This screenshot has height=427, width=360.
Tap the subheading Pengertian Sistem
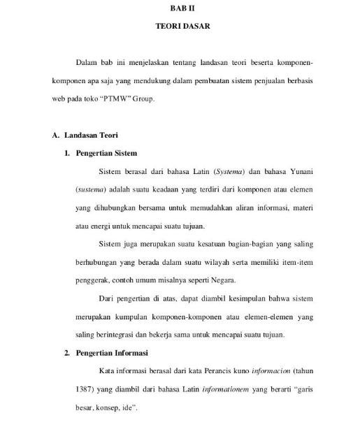[106, 152]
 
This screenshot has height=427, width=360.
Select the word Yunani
[297, 171]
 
